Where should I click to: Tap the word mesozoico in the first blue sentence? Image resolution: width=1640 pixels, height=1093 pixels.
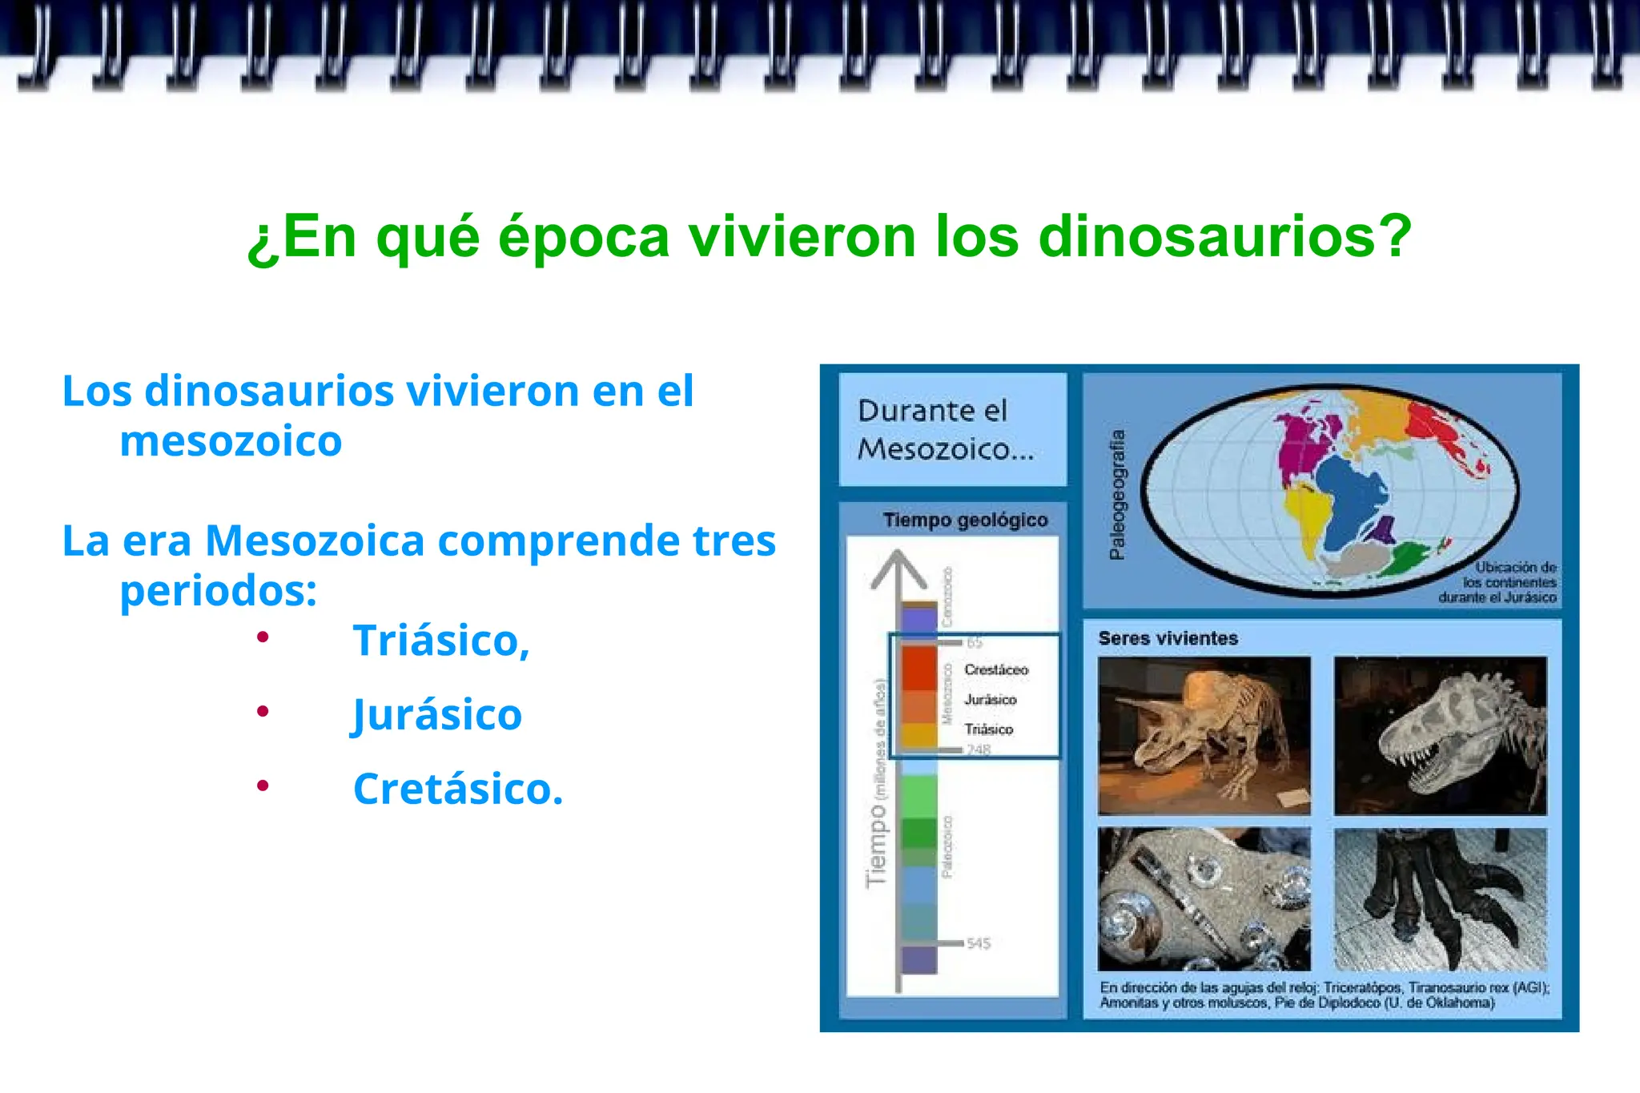point(231,441)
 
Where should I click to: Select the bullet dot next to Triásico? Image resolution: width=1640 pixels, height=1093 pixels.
point(263,637)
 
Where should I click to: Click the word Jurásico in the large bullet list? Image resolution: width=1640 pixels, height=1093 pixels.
point(437,714)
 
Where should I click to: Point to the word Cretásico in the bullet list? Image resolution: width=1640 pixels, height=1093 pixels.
point(457,789)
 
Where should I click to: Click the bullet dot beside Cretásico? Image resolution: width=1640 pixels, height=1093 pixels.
point(263,786)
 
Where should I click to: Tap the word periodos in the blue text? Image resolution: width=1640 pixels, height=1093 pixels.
point(217,591)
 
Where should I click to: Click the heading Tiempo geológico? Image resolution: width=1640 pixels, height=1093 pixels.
point(965,520)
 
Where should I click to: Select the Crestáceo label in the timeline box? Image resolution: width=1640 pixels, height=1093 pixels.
point(996,669)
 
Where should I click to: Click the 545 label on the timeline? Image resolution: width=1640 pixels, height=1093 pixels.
point(979,943)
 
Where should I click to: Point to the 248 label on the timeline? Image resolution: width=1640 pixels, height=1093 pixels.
point(979,749)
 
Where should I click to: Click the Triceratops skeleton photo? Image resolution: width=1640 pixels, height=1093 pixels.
point(1204,735)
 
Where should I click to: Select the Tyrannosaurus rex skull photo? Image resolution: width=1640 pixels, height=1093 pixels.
point(1440,735)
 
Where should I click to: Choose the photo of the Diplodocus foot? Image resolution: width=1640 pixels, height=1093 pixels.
point(1440,898)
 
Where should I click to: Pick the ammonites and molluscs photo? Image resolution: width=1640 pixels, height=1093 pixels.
point(1204,898)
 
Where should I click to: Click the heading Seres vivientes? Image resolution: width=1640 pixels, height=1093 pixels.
point(1168,638)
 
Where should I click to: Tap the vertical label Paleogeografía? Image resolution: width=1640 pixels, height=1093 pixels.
point(1117,494)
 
